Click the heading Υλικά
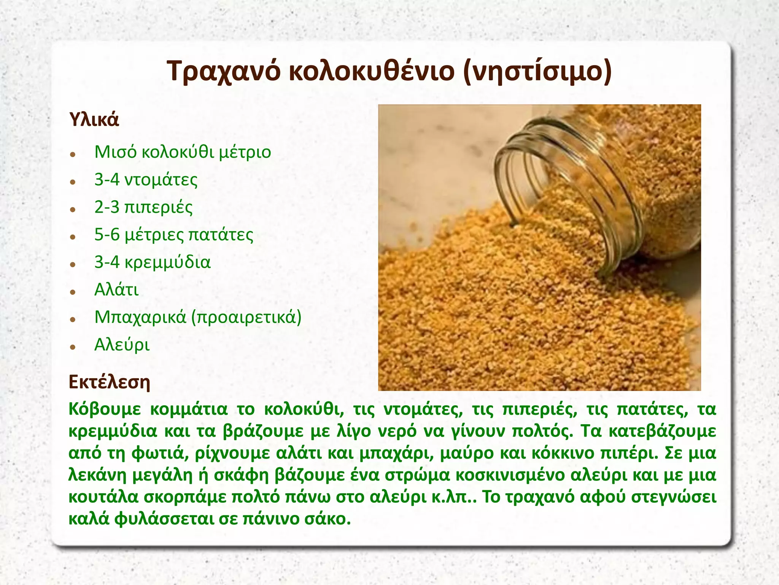[x=94, y=120]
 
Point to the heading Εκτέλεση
[x=110, y=382]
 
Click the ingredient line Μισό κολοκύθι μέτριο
[x=183, y=152]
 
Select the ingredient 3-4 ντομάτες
[x=146, y=180]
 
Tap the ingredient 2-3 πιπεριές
[x=143, y=208]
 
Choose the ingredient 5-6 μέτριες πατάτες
[x=174, y=235]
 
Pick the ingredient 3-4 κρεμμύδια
[x=152, y=262]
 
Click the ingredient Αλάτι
[x=116, y=290]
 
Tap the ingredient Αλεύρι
[x=122, y=345]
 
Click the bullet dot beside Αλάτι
[x=73, y=292]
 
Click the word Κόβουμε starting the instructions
[x=105, y=409]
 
